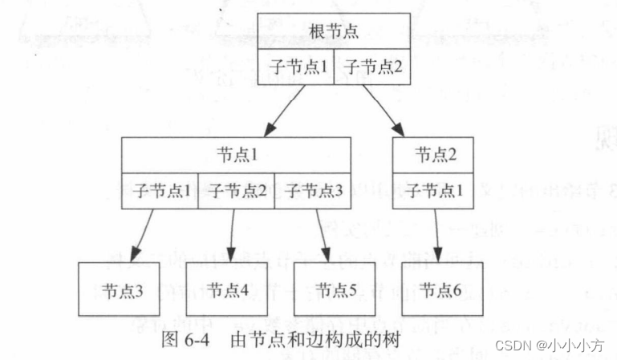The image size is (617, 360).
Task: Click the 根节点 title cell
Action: [x=335, y=32]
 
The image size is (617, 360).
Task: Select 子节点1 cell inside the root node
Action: [x=297, y=67]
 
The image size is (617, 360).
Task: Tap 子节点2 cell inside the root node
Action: [x=372, y=67]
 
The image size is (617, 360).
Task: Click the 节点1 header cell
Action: [x=237, y=153]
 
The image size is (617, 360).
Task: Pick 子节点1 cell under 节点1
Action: [x=160, y=190]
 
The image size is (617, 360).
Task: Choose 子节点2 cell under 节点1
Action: [x=236, y=190]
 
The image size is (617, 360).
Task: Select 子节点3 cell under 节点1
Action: [x=313, y=190]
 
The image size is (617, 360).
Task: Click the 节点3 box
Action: [x=121, y=289]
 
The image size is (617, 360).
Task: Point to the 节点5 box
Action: [x=336, y=289]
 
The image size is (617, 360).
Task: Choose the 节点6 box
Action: [x=440, y=289]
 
